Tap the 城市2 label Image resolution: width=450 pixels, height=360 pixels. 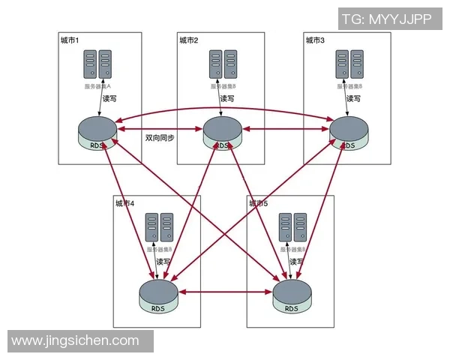pos(188,40)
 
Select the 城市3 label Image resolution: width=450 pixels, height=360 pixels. pos(315,40)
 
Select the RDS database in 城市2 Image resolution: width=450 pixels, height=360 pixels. pos(223,133)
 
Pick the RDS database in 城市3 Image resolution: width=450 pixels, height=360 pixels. pos(349,133)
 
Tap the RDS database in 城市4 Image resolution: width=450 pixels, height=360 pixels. pos(158,295)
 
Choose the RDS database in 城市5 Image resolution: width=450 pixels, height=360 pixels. pos(291,296)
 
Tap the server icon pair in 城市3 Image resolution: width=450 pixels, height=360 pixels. pos(349,64)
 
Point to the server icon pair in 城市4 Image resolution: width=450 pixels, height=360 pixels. pos(158,227)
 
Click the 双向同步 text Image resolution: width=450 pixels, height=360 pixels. pos(160,138)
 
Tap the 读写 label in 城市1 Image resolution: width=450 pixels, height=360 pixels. pos(110,98)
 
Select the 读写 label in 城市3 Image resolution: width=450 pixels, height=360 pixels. pos(353,98)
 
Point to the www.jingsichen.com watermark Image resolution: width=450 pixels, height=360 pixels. pos(76,340)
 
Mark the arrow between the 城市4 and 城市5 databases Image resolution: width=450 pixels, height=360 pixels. pos(225,291)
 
